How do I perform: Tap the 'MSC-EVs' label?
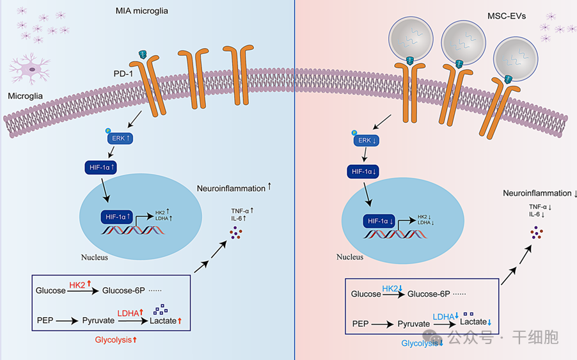click(509, 15)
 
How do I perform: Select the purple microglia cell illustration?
click(31, 68)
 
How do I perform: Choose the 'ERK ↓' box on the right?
click(367, 141)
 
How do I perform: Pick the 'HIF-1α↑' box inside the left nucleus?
click(115, 217)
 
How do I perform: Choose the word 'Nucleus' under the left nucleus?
click(94, 258)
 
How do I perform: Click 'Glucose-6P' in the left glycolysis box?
click(123, 291)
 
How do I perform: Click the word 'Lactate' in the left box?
click(162, 320)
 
